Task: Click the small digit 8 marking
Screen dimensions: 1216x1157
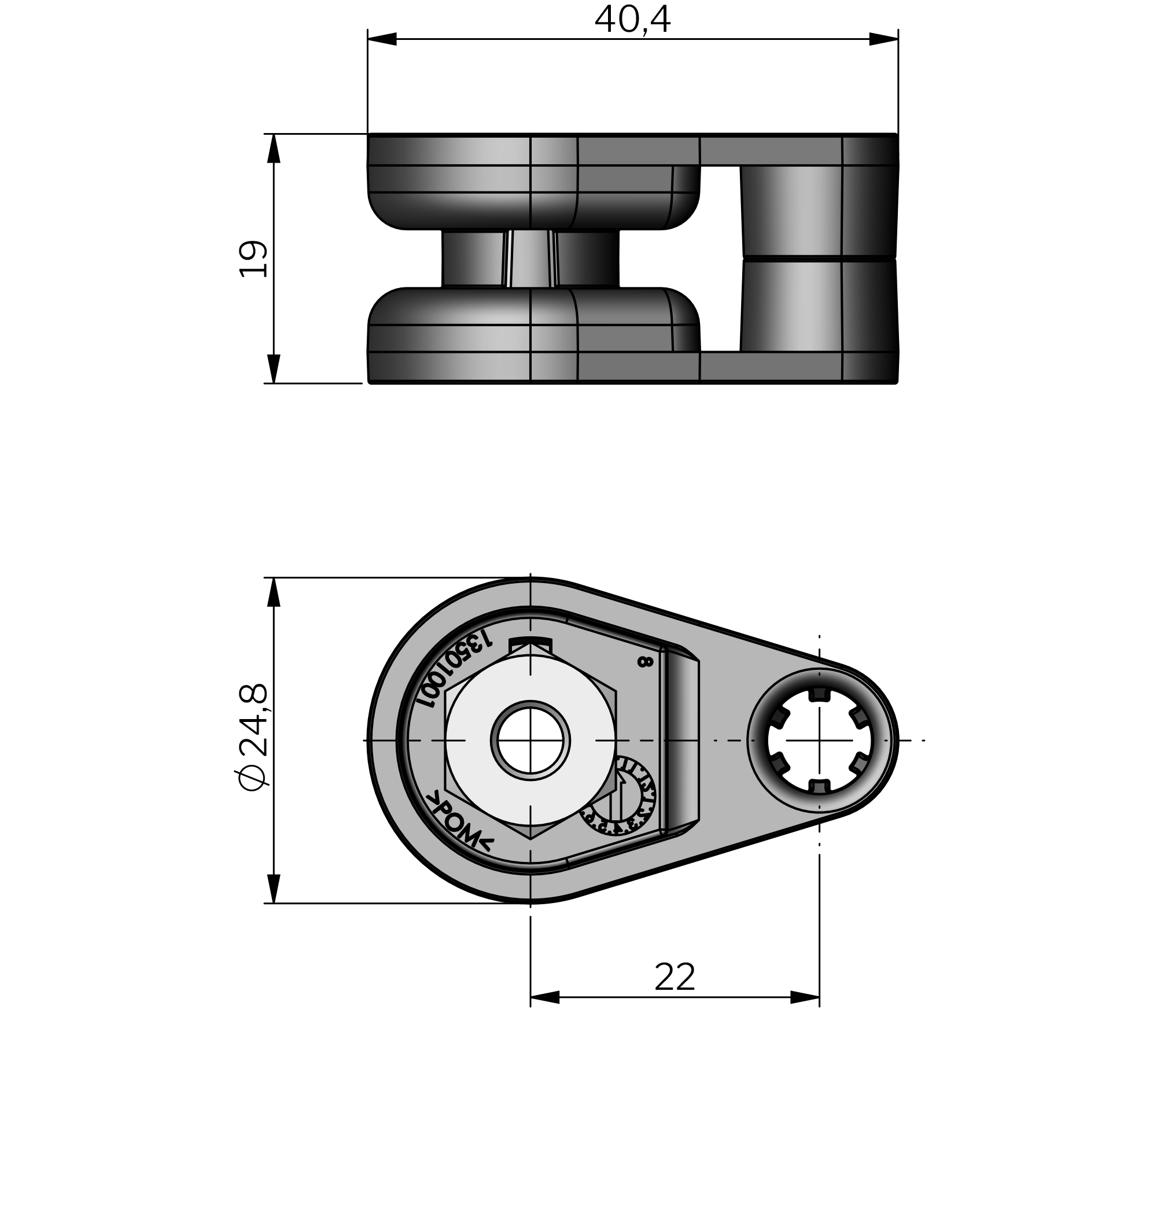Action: coord(644,662)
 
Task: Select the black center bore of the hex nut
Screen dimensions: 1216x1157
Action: coord(530,740)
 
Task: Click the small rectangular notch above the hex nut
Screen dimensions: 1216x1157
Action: coord(530,643)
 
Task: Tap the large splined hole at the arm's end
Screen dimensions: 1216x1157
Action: coord(819,740)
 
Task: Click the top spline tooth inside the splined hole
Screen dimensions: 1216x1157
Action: coord(819,693)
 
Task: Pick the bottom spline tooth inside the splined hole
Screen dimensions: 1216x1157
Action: coord(819,787)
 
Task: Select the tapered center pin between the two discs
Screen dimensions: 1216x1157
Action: coord(531,259)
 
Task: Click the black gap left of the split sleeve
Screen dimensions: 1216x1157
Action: coord(720,259)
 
